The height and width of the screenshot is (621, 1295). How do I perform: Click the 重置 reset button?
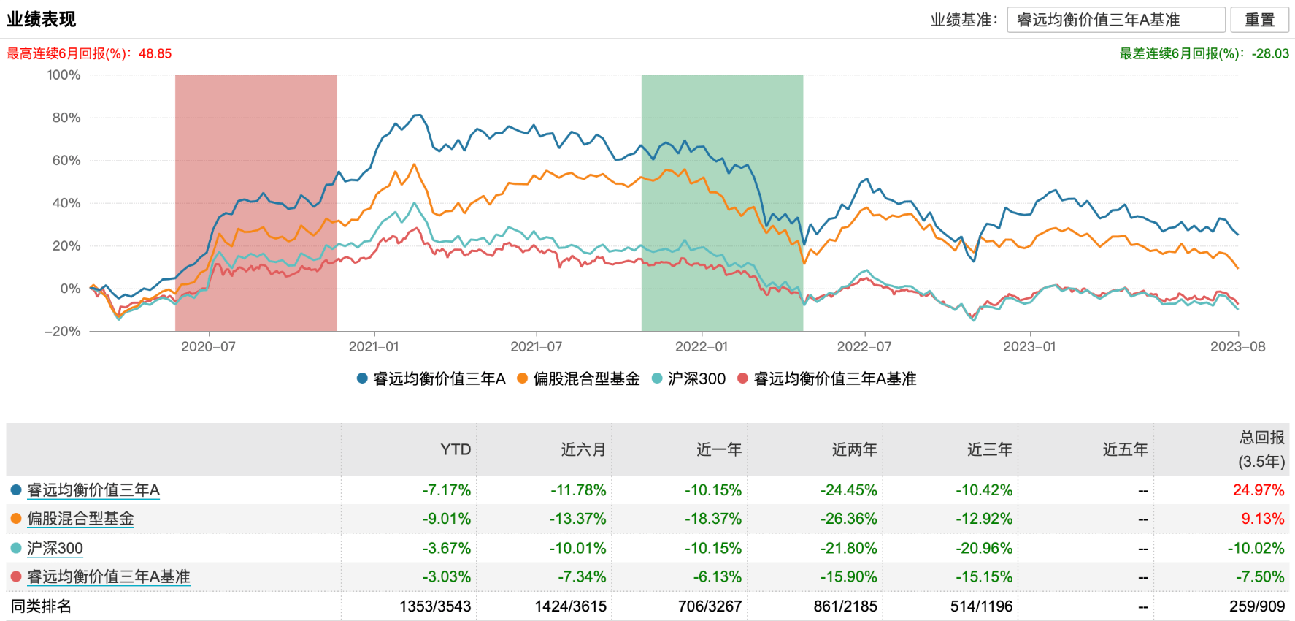coord(1259,20)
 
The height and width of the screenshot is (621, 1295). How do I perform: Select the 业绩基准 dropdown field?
coord(1115,20)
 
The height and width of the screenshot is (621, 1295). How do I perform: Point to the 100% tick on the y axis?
coord(64,75)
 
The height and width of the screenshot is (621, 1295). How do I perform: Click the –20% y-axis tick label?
coord(63,331)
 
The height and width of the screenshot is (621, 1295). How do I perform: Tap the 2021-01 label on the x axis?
coord(373,346)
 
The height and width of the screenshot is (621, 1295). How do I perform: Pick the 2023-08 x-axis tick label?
coord(1237,346)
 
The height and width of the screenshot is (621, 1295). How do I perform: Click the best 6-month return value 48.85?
coord(155,53)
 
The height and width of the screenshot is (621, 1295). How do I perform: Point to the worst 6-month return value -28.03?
coord(1270,53)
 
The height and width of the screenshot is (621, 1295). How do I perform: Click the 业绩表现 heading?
coord(42,19)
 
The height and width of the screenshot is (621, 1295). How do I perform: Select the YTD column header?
coord(456,449)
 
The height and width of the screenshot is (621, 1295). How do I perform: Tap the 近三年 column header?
coord(989,449)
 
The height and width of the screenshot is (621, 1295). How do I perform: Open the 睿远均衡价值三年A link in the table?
coord(93,490)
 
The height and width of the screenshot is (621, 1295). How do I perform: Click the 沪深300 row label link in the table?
coord(55,548)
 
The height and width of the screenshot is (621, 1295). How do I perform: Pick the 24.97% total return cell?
coord(1258,490)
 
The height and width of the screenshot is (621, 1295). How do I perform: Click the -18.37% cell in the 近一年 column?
coord(712,519)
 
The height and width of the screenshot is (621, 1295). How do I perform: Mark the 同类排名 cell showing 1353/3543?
coord(435,606)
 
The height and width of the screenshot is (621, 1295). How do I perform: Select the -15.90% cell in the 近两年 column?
coord(848,576)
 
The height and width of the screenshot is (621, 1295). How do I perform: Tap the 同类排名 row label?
coord(42,606)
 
